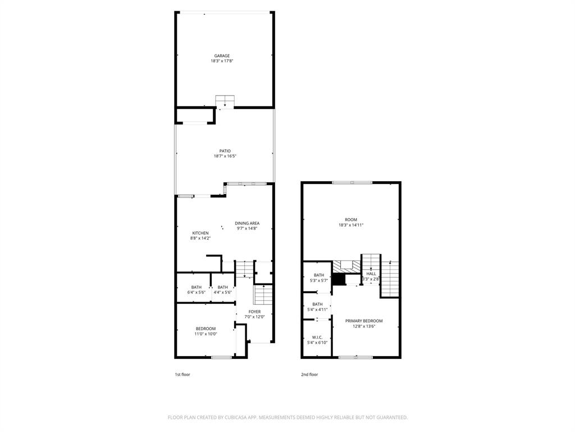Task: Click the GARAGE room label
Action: pyautogui.click(x=222, y=56)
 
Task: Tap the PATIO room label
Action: pyautogui.click(x=225, y=151)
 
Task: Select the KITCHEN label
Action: pyautogui.click(x=200, y=233)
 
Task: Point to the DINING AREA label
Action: pyautogui.click(x=247, y=223)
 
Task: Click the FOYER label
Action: pyautogui.click(x=254, y=312)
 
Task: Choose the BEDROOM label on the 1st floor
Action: pyautogui.click(x=206, y=328)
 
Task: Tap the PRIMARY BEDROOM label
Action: pyautogui.click(x=364, y=321)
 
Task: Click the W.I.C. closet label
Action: pyautogui.click(x=317, y=337)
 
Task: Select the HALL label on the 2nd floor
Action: pyautogui.click(x=371, y=273)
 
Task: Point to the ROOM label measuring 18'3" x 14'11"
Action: pyautogui.click(x=351, y=220)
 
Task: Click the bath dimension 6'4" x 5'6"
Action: pyautogui.click(x=197, y=292)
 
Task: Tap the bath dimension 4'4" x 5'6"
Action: pyautogui.click(x=223, y=292)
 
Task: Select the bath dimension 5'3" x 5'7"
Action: pyautogui.click(x=318, y=280)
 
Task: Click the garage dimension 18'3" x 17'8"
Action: pyautogui.click(x=222, y=61)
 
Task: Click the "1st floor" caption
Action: pyautogui.click(x=182, y=374)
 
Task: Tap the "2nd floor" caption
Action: pyautogui.click(x=309, y=374)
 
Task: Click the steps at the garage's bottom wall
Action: pyautogui.click(x=225, y=101)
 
